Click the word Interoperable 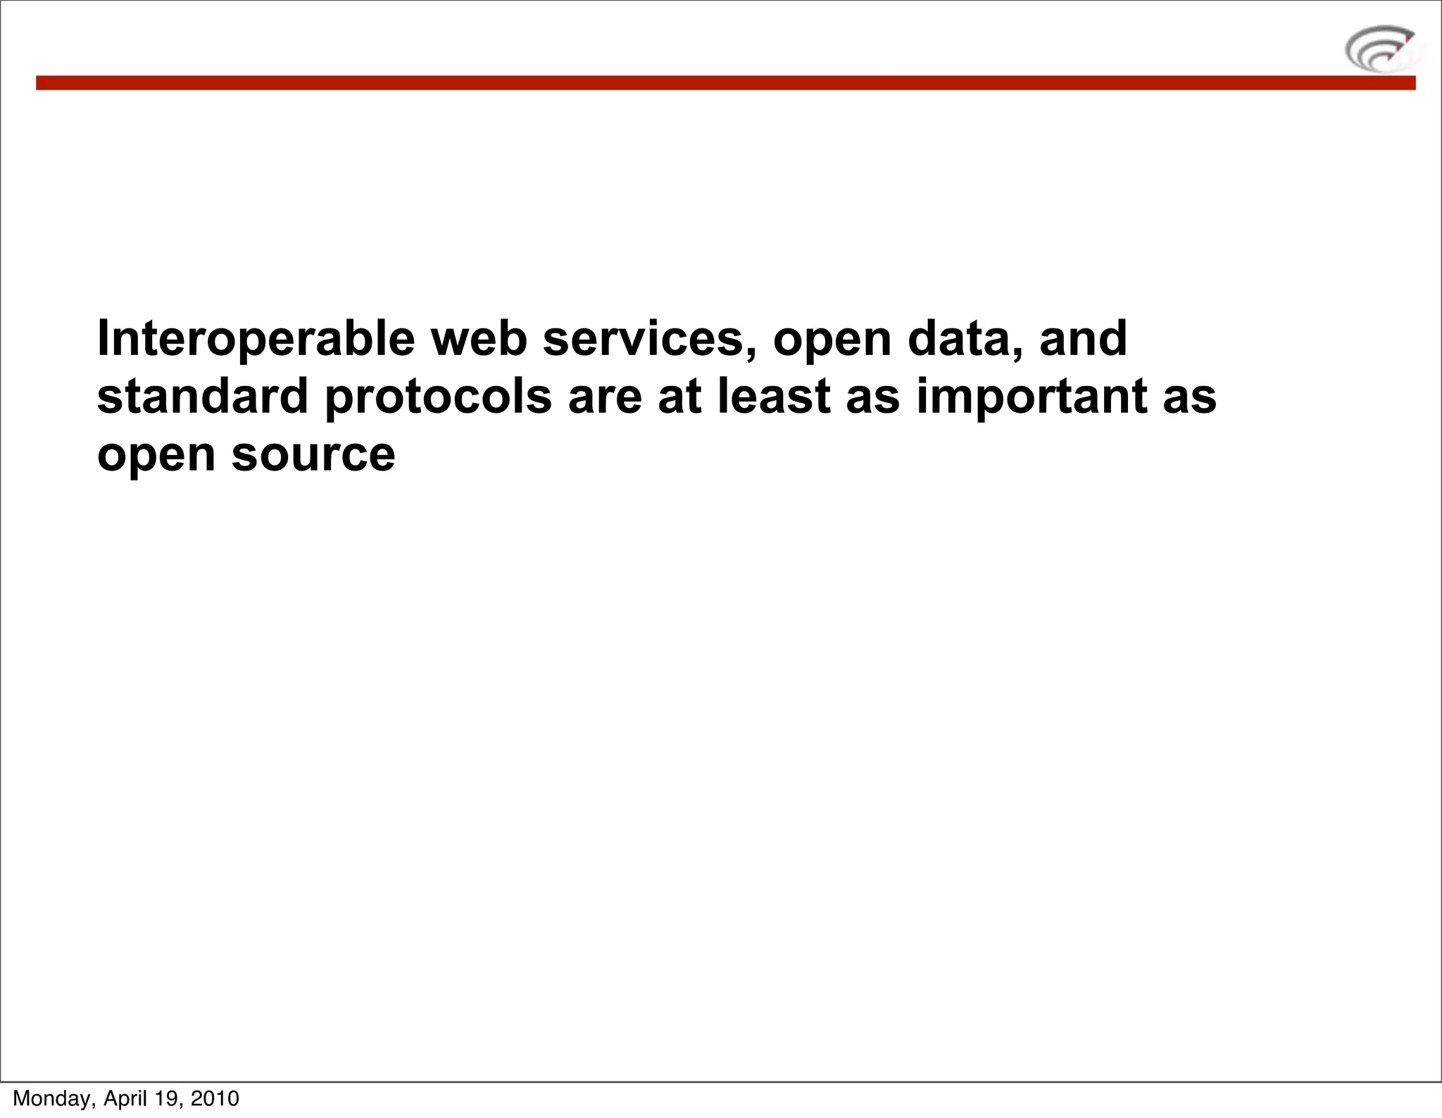point(256,340)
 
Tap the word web point(479,338)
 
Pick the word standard point(202,396)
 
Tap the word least point(775,396)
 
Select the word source point(313,455)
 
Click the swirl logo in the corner point(1381,49)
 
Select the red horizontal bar point(725,83)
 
